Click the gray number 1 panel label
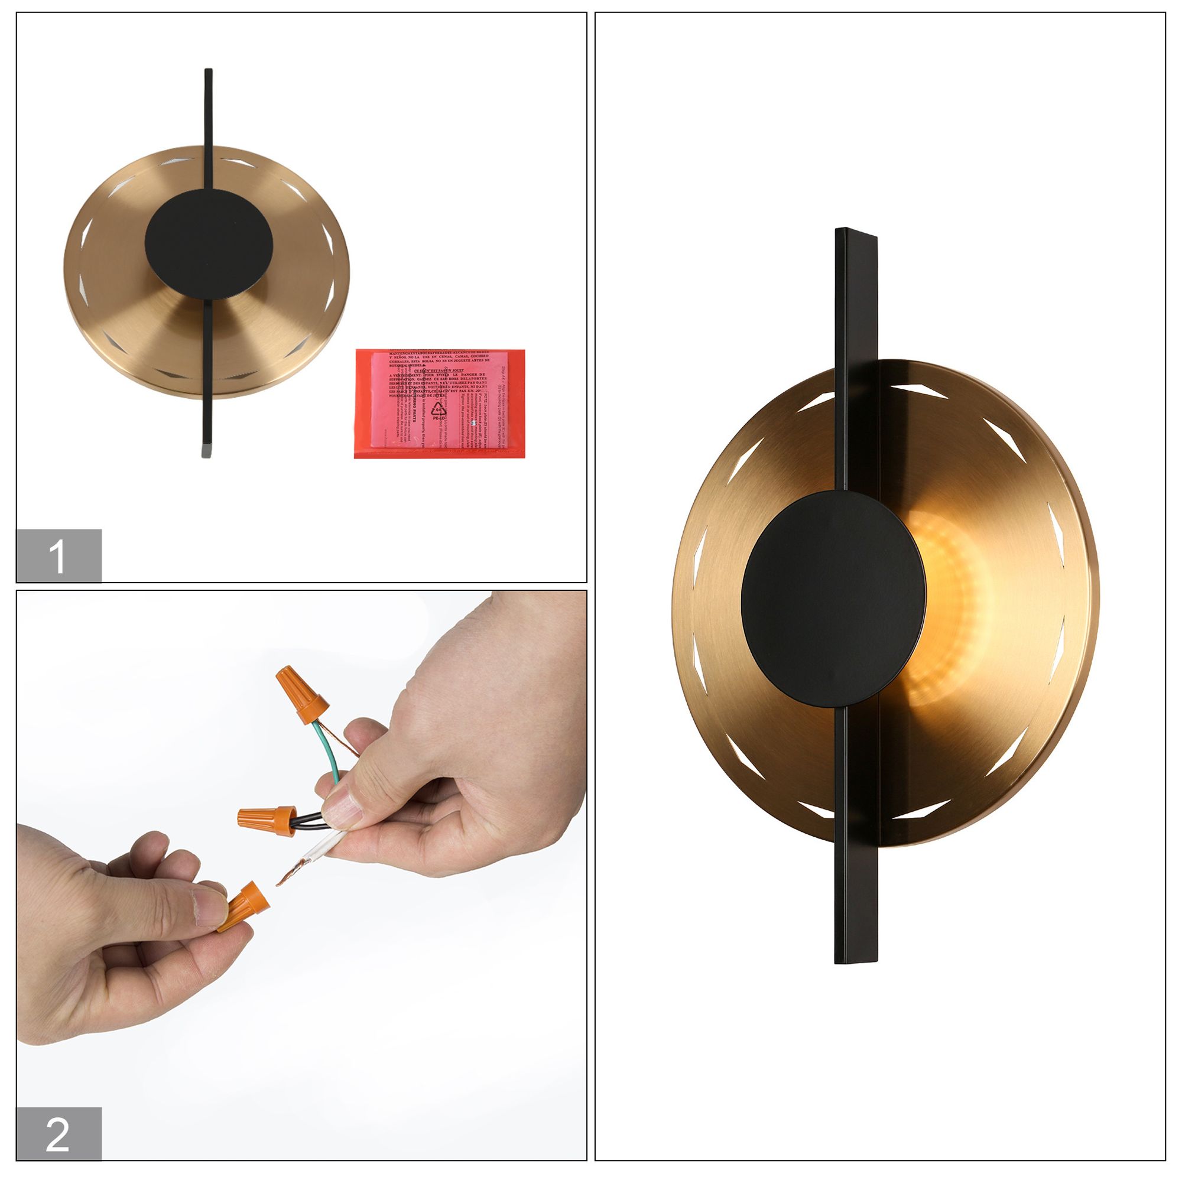click(x=59, y=555)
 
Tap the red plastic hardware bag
click(x=439, y=403)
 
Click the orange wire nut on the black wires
click(x=267, y=816)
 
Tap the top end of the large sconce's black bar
click(x=856, y=234)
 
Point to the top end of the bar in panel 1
click(x=209, y=72)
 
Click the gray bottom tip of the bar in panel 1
click(x=206, y=451)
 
